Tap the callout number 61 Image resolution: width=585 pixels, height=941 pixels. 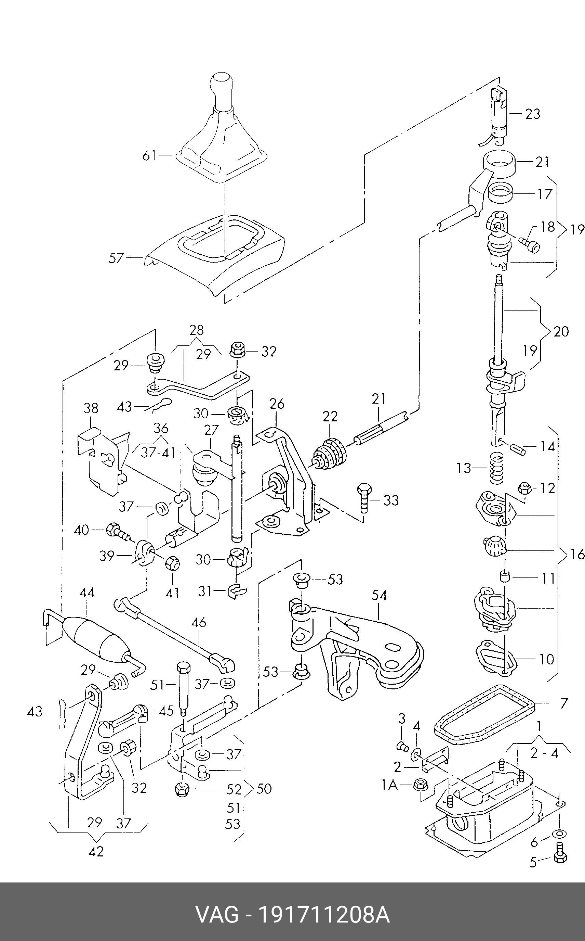(x=149, y=156)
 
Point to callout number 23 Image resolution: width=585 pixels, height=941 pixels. (x=532, y=114)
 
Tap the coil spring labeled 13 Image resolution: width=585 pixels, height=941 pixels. (x=497, y=468)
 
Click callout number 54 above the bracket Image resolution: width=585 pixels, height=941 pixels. (x=379, y=595)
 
